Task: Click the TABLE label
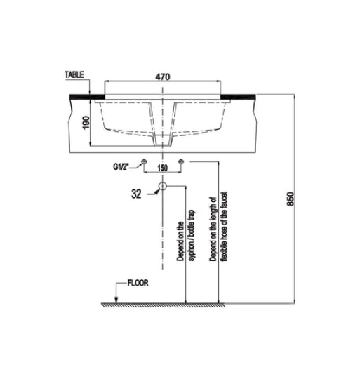(74, 74)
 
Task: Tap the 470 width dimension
(163, 77)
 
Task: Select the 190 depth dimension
(86, 123)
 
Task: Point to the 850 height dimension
(290, 199)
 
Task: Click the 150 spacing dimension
(162, 168)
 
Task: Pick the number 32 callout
(136, 194)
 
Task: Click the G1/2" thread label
(121, 167)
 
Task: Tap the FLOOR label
(138, 283)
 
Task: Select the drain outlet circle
(163, 186)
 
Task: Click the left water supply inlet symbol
(144, 161)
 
